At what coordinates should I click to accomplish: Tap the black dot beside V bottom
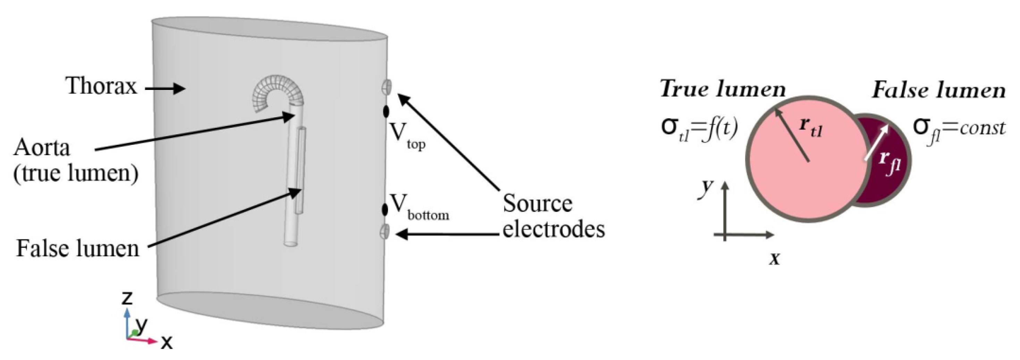(385, 209)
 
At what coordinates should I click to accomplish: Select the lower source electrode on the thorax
(385, 231)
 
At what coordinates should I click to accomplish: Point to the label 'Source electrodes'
(553, 216)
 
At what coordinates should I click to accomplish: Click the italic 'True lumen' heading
(723, 89)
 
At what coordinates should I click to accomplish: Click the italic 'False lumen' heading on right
(938, 91)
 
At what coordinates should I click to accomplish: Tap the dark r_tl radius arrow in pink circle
(792, 135)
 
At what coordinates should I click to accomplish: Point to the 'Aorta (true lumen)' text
(75, 160)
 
